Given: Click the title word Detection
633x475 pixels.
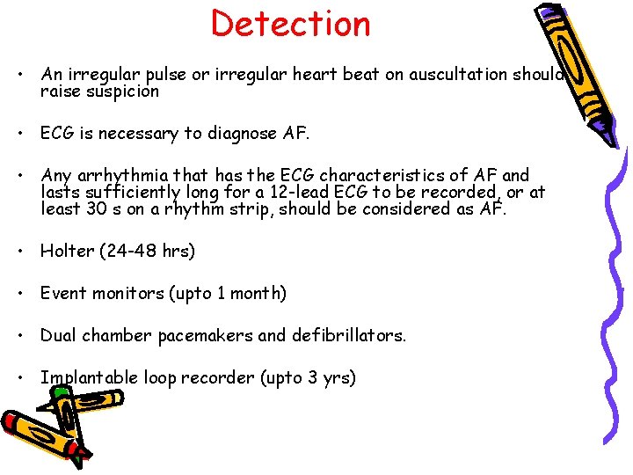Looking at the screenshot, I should click(x=291, y=24).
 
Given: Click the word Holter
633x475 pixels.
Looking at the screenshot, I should click(x=67, y=251).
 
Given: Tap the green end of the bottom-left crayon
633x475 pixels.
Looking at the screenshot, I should click(x=80, y=458).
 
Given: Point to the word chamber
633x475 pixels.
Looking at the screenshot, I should click(x=113, y=335).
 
